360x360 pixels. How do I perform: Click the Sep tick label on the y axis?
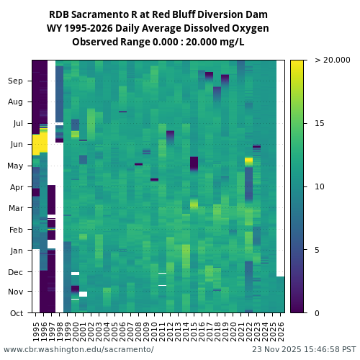click(16, 81)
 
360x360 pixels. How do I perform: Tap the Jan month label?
click(16, 251)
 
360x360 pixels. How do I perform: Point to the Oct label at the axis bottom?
click(16, 313)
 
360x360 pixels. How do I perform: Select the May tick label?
click(15, 166)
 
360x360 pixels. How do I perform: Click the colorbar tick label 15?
click(320, 123)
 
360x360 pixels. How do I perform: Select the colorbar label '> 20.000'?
click(332, 60)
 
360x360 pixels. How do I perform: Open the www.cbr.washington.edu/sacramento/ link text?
click(78, 349)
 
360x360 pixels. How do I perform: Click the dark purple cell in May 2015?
click(194, 163)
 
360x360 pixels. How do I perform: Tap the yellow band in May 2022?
click(248, 161)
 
